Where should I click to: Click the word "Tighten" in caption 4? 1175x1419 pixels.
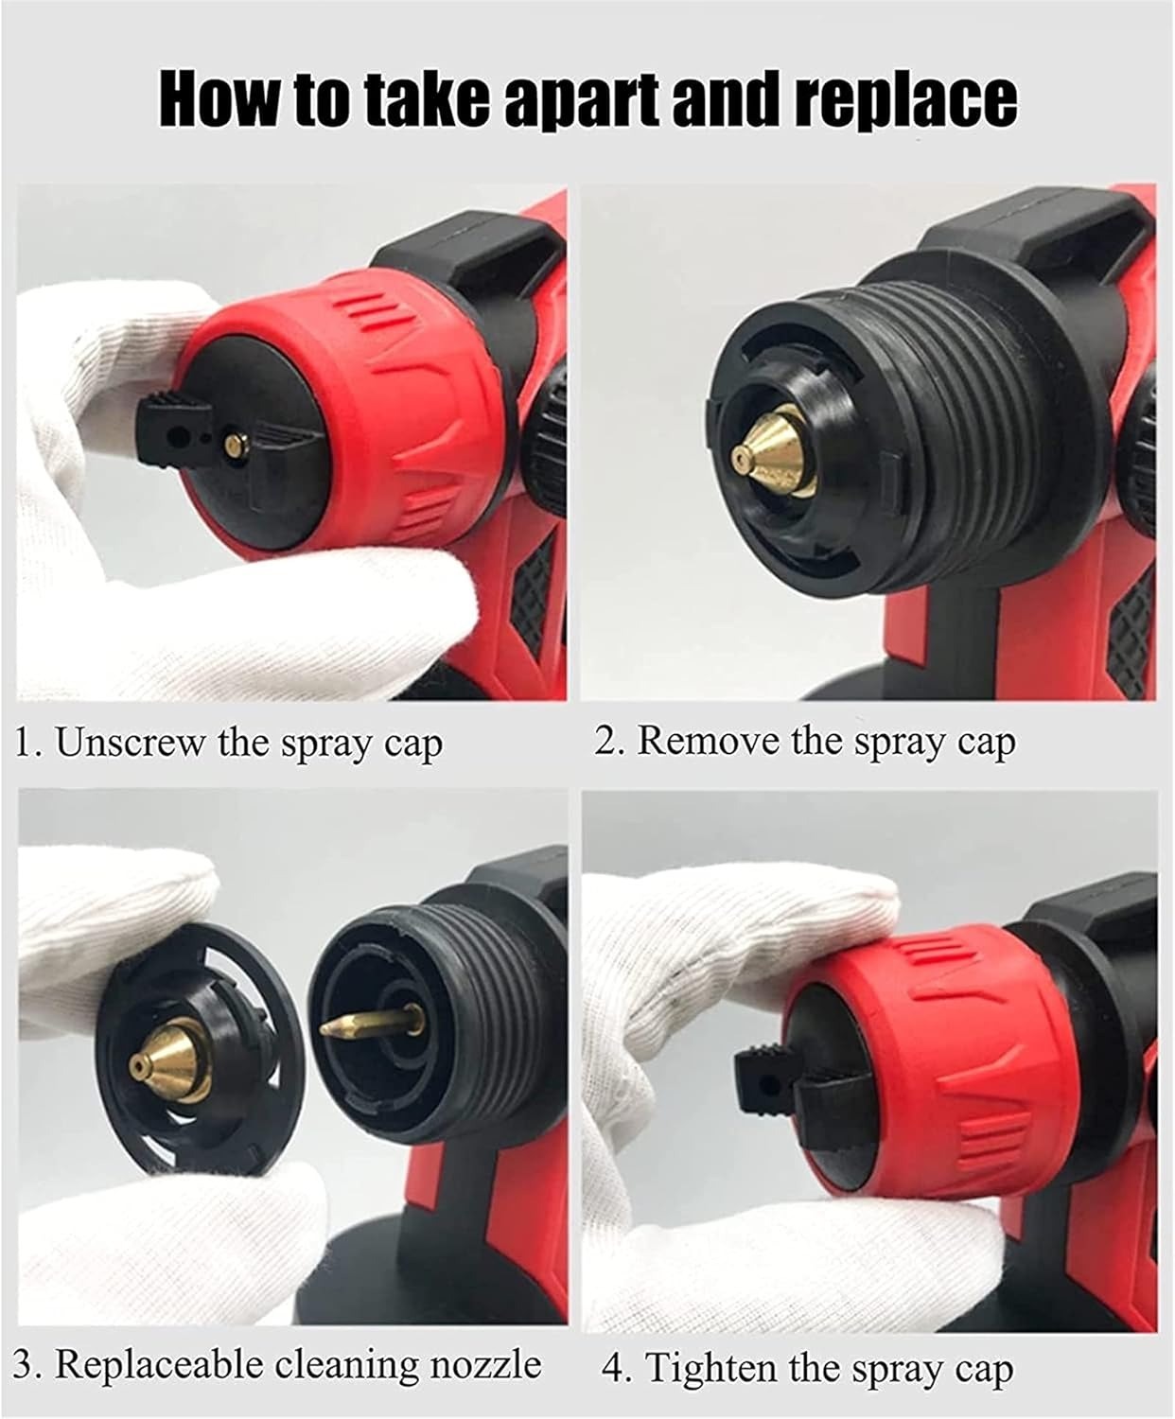tap(714, 1368)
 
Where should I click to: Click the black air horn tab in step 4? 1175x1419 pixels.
tap(766, 1069)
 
